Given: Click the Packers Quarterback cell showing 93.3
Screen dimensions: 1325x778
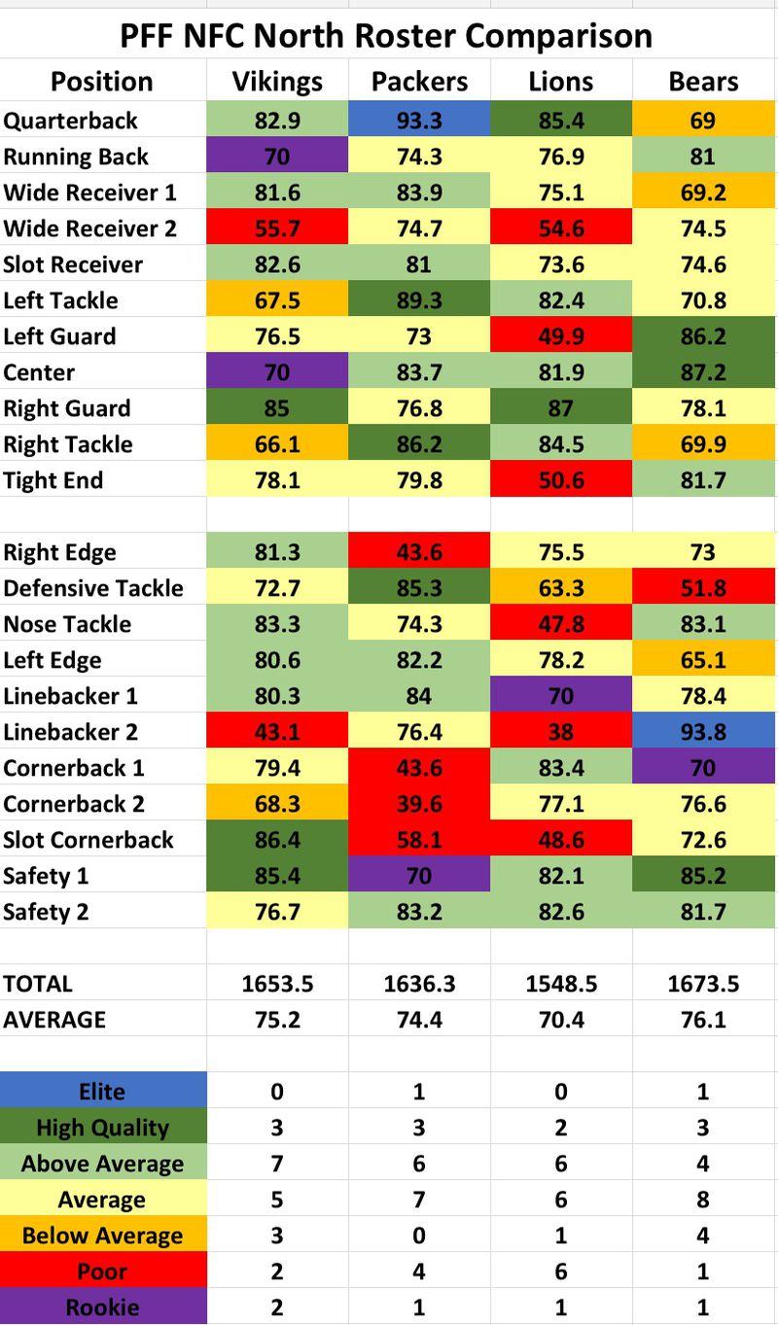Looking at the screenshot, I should [x=419, y=121].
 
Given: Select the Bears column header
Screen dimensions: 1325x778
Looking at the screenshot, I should [x=703, y=82].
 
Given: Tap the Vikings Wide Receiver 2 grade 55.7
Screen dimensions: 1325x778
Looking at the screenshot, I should [x=277, y=228].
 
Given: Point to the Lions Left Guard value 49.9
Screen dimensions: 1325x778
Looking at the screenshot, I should [x=561, y=336].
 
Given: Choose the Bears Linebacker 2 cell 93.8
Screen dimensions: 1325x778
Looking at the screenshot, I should [x=703, y=732].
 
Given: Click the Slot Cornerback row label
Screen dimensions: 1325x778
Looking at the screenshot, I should [x=88, y=840].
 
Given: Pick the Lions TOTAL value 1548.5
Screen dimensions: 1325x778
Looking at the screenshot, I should [x=561, y=984].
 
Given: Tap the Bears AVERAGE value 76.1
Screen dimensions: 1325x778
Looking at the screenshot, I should [x=703, y=1020].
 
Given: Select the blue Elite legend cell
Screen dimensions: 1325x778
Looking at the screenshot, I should [x=103, y=1092].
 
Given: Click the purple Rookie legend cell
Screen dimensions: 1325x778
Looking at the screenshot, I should [x=103, y=1308].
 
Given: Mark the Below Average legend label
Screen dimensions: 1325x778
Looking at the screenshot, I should [x=103, y=1236].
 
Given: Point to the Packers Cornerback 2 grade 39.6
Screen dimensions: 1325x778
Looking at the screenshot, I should [x=419, y=804].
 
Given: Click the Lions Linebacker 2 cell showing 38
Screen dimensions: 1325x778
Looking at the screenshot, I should [x=561, y=732].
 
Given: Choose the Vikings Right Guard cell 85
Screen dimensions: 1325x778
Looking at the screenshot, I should [x=277, y=408].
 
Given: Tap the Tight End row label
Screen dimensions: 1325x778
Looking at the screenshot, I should [x=53, y=480].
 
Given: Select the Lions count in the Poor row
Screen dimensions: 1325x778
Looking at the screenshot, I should [x=561, y=1272].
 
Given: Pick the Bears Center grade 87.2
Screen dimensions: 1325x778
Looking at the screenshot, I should [x=703, y=372].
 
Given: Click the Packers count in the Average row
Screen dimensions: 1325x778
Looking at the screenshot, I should [x=419, y=1200].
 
